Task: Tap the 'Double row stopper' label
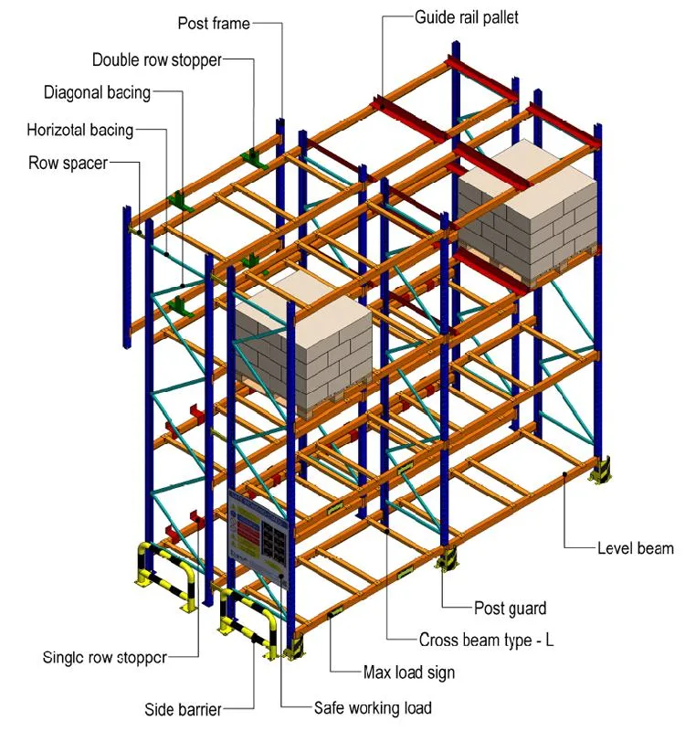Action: coord(157,60)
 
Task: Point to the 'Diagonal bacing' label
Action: coord(98,92)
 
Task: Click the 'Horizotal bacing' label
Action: coord(80,130)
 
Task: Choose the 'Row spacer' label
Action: coord(68,163)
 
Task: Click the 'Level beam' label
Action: coord(635,548)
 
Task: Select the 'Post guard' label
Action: coord(510,608)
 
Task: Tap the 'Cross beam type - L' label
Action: coord(486,641)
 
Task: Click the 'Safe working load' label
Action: coord(373,707)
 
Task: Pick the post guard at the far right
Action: coord(603,471)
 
